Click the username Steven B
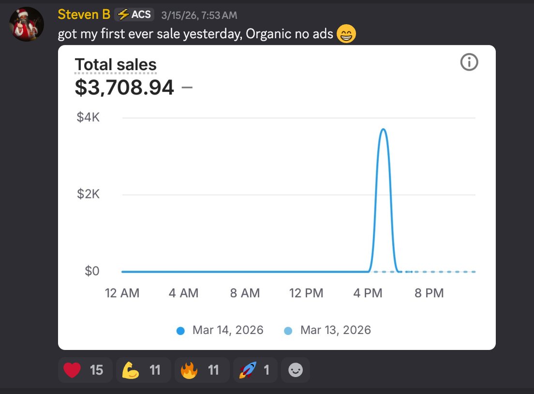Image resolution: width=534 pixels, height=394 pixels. tap(84, 15)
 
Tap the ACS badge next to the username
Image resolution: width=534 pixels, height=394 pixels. tap(134, 15)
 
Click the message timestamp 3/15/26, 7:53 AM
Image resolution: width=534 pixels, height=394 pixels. tap(199, 15)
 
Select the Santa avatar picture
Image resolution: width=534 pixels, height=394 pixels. tap(27, 24)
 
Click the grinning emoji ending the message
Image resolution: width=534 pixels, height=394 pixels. tap(346, 35)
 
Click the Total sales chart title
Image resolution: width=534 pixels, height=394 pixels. tap(116, 65)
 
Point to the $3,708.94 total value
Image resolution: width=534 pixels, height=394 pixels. tap(124, 87)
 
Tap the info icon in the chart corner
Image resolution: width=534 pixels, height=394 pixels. tap(469, 62)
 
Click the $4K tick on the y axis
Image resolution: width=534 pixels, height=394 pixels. tap(88, 118)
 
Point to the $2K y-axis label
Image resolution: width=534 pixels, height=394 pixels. tap(88, 195)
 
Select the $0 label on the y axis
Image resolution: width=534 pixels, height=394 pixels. tap(92, 271)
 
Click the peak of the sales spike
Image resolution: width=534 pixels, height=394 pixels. tap(383, 129)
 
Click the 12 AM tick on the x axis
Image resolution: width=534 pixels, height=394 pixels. tap(122, 293)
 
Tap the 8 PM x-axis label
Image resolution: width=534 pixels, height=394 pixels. tap(429, 293)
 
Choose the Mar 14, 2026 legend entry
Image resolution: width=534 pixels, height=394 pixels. tap(221, 330)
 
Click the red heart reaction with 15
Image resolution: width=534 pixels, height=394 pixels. tap(85, 370)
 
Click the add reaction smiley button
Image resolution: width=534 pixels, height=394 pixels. tap(295, 370)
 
